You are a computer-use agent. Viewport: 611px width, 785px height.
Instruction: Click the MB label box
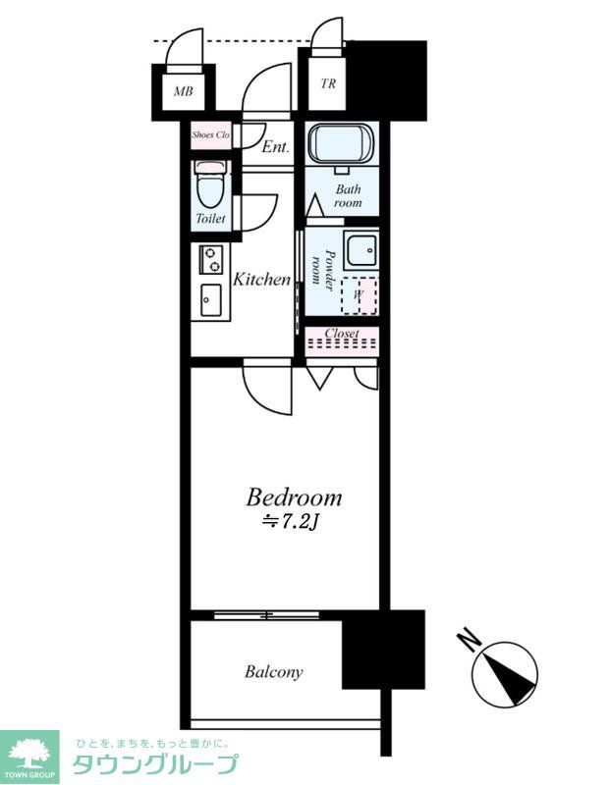[x=183, y=91]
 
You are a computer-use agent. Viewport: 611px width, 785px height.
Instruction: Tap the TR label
[x=328, y=83]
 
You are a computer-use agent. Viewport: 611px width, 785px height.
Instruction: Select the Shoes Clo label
[x=211, y=134]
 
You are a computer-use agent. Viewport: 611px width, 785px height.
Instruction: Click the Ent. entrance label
[x=276, y=146]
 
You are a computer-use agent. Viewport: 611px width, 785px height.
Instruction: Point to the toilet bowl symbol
[x=211, y=183]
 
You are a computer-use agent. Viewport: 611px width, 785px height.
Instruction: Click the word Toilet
[x=210, y=218]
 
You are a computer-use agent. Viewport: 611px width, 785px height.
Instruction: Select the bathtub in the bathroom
[x=341, y=143]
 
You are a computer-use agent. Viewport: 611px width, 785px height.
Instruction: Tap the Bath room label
[x=349, y=195]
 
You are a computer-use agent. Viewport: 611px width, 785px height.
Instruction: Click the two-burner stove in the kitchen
[x=211, y=259]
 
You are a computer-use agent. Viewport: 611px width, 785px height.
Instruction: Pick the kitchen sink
[x=211, y=300]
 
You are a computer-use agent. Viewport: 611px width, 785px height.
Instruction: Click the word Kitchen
[x=262, y=279]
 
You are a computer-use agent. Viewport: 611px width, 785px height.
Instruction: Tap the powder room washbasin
[x=361, y=249]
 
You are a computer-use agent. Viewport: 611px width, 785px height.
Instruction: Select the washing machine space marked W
[x=360, y=295]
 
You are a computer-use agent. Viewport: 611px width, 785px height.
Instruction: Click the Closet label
[x=342, y=333]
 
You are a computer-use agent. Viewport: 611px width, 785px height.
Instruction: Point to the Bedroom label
[x=295, y=497]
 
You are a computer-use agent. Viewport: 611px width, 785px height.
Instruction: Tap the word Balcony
[x=274, y=672]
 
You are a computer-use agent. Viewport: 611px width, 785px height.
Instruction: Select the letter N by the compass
[x=470, y=640]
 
